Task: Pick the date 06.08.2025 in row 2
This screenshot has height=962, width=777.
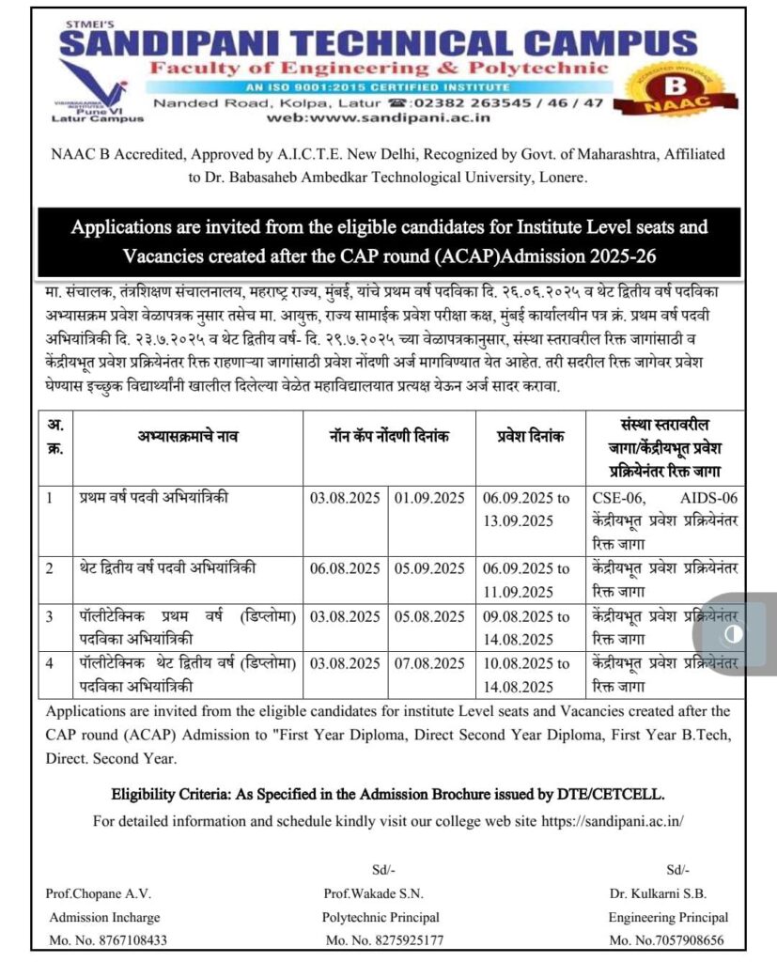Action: [345, 567]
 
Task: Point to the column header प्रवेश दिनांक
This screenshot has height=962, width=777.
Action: [530, 436]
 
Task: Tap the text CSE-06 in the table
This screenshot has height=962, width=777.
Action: [622, 497]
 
